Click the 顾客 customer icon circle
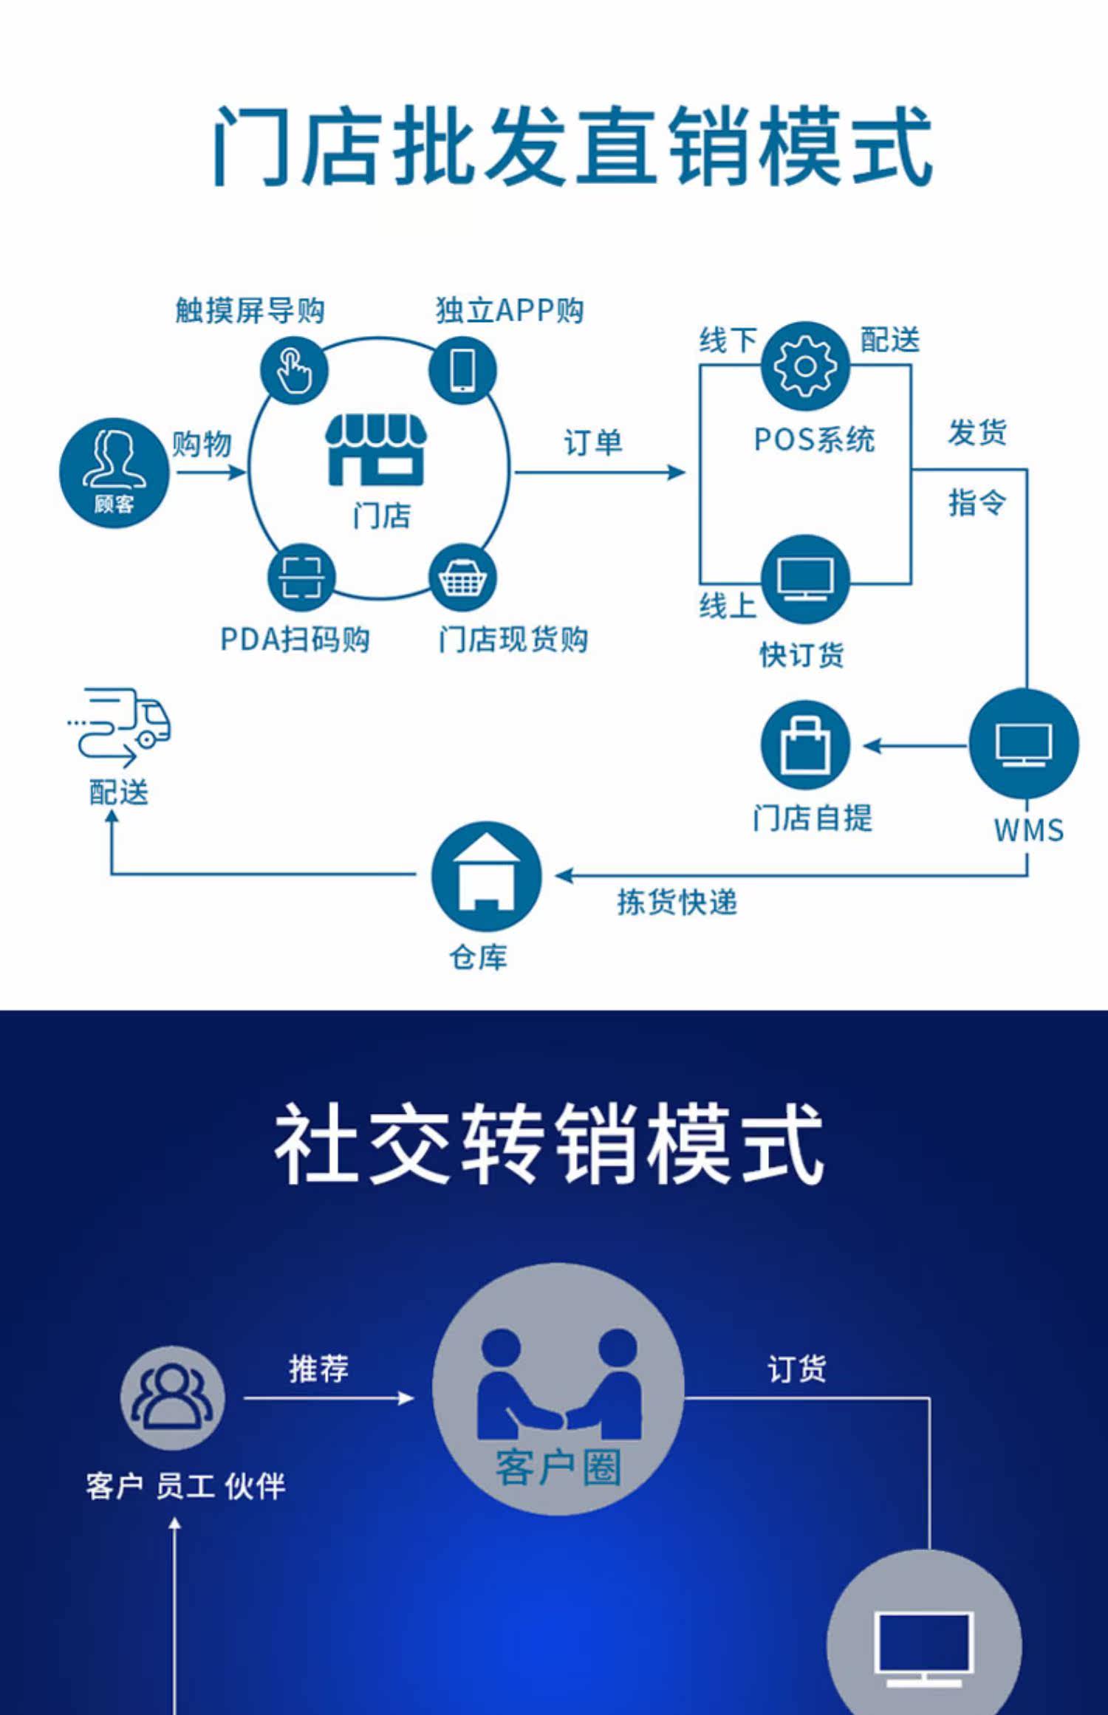[114, 473]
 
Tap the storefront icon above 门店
[377, 449]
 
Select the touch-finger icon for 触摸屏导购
[294, 370]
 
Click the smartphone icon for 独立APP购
[463, 370]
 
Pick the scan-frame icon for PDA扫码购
[301, 578]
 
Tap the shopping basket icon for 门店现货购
[463, 578]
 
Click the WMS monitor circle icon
[1024, 744]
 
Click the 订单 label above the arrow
[593, 443]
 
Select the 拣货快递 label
[677, 902]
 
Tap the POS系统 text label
[814, 440]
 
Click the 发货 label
[977, 433]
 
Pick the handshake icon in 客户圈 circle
[559, 1383]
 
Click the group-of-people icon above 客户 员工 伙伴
[173, 1398]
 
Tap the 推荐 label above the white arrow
[319, 1369]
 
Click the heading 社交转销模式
[549, 1143]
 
